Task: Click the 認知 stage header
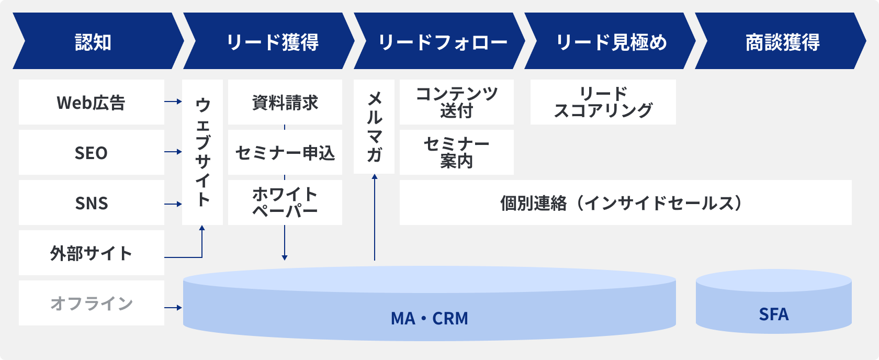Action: tap(93, 42)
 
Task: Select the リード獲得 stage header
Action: tap(272, 42)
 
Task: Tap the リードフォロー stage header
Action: tap(442, 42)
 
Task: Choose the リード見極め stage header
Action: tap(611, 42)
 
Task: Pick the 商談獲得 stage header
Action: tap(782, 42)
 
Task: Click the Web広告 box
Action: tap(91, 103)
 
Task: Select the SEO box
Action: tap(91, 153)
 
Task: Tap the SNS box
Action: tap(91, 203)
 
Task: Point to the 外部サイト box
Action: tap(91, 253)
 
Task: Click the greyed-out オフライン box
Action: tap(91, 303)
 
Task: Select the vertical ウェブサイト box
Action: tap(202, 152)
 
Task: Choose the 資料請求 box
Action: tap(285, 103)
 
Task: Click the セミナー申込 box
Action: tap(285, 153)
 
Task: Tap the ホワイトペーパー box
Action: tap(285, 203)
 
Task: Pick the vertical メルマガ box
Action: tap(374, 127)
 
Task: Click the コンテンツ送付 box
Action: tap(457, 102)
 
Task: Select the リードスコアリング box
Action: tap(603, 102)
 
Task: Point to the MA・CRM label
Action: tap(430, 318)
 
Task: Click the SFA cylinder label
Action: tap(774, 314)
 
